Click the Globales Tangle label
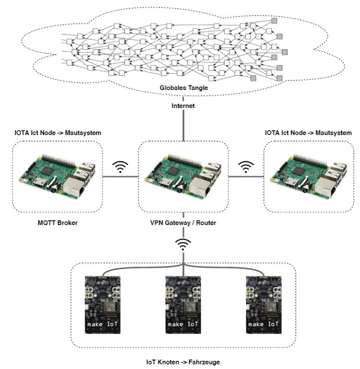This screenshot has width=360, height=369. coord(184,88)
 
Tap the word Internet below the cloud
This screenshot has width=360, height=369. coord(183,107)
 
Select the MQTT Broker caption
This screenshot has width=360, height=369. coord(58,223)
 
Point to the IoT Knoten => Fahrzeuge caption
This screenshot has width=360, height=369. coord(183,361)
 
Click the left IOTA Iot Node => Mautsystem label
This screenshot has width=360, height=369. coord(58,133)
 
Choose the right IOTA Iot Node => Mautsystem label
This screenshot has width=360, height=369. coord(308,133)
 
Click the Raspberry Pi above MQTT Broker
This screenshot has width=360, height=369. coord(58,176)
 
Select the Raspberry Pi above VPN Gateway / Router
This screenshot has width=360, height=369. coord(183,176)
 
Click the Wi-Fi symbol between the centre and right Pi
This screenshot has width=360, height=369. coord(245,166)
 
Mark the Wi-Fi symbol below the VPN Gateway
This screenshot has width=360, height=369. coord(182,244)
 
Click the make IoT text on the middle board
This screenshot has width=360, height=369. coord(182,324)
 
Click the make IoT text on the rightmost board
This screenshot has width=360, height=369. coord(264,324)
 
